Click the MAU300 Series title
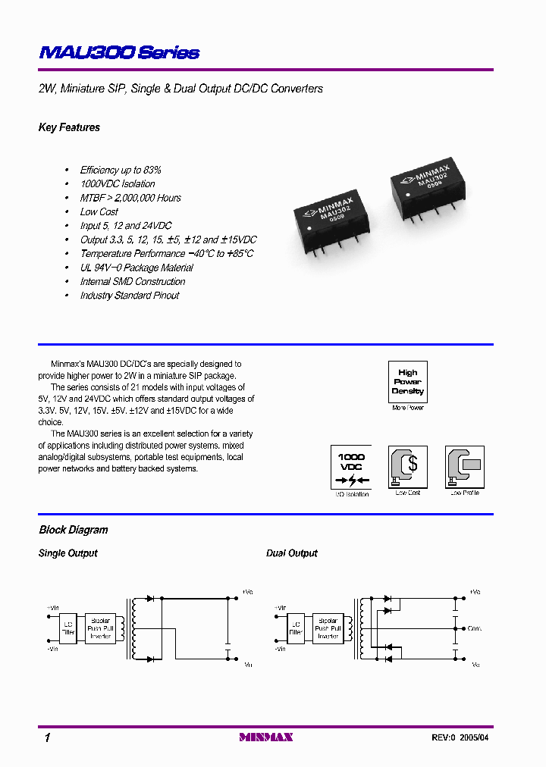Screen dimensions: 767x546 coord(119,52)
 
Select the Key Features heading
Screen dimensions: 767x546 coord(69,127)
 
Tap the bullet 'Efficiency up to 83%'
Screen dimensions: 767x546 coord(121,170)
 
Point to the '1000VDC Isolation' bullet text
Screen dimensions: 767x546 coord(118,183)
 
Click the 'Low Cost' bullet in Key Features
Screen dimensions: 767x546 coord(99,211)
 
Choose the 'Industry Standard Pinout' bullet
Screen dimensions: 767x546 coord(130,295)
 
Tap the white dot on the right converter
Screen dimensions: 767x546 coord(407,196)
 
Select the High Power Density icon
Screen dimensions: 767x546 coord(407,382)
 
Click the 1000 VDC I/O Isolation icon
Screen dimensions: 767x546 coord(351,468)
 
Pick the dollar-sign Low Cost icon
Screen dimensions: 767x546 coord(408,467)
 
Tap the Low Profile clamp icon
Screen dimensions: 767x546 coord(465,467)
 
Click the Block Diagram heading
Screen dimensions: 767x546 coord(74,530)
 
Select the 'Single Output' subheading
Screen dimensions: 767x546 coord(68,553)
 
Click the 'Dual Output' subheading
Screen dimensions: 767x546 coord(292,553)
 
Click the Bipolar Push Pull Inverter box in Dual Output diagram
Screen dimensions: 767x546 coord(328,628)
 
